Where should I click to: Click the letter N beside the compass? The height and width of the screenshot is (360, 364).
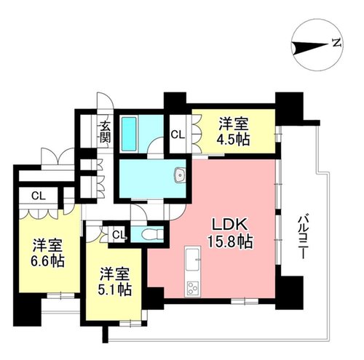pyautogui.click(x=337, y=43)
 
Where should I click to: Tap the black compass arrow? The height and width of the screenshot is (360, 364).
pyautogui.click(x=309, y=47)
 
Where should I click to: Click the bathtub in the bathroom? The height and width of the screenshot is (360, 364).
pyautogui.click(x=129, y=134)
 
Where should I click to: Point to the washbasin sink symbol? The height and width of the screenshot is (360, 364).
pyautogui.click(x=180, y=175)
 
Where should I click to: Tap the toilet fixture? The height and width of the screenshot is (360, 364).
pyautogui.click(x=151, y=234)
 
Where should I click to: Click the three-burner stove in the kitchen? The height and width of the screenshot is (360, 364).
pyautogui.click(x=193, y=288)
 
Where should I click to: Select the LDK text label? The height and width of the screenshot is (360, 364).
pyautogui.click(x=230, y=225)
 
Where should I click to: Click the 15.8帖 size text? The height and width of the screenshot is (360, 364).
pyautogui.click(x=230, y=242)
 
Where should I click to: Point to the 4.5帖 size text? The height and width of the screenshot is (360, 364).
pyautogui.click(x=234, y=140)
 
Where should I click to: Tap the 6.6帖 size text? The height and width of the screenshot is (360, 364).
pyautogui.click(x=47, y=261)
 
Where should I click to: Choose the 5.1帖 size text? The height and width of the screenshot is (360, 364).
pyautogui.click(x=115, y=289)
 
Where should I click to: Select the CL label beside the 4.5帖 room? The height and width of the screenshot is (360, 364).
pyautogui.click(x=178, y=135)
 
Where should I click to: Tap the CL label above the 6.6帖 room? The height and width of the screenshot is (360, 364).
pyautogui.click(x=39, y=196)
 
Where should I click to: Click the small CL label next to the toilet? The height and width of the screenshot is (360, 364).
pyautogui.click(x=119, y=234)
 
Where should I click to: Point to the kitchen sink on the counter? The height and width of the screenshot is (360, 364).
pyautogui.click(x=193, y=260)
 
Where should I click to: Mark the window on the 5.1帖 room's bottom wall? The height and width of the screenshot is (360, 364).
pyautogui.click(x=130, y=324)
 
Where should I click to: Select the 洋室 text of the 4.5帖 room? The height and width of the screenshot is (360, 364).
pyautogui.click(x=234, y=124)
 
